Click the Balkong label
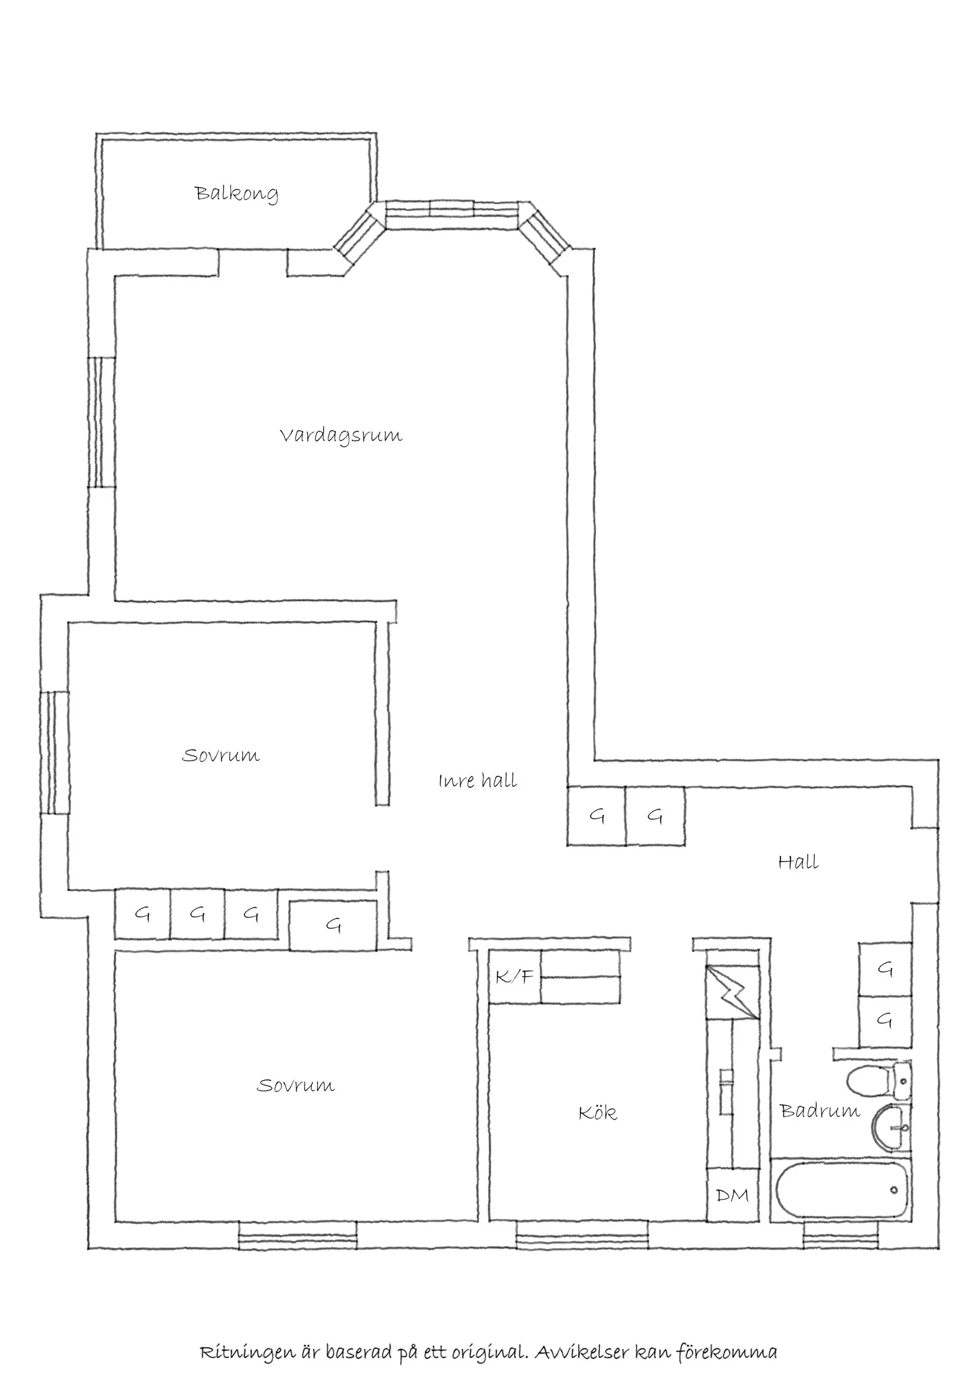click(x=236, y=194)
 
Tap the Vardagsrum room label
click(x=341, y=435)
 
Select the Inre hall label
click(x=478, y=781)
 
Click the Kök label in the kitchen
click(x=598, y=1113)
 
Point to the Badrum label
click(x=820, y=1111)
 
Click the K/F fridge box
click(x=514, y=977)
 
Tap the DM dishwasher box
click(x=732, y=1195)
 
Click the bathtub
click(x=842, y=1191)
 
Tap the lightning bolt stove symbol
click(x=732, y=992)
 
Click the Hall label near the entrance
click(x=798, y=862)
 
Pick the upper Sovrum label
click(x=221, y=756)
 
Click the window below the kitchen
click(x=581, y=1236)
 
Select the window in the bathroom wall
click(x=840, y=1236)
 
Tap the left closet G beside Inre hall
click(x=596, y=816)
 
